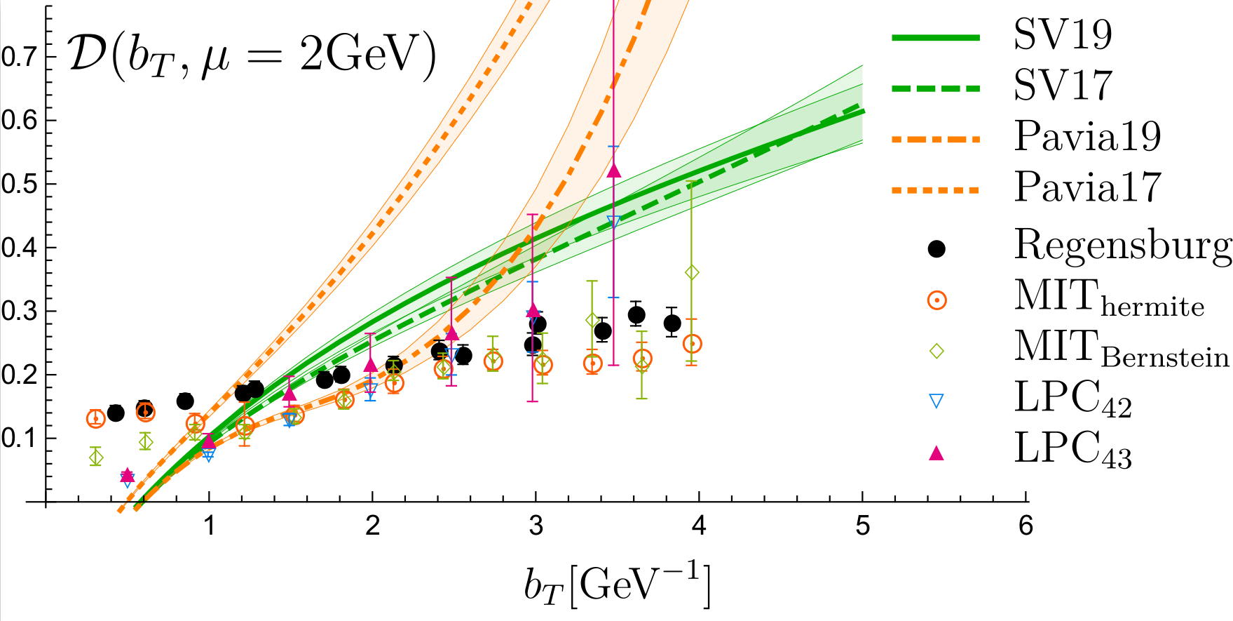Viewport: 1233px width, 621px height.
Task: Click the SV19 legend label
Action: pos(1063,34)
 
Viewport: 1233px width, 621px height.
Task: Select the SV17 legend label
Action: pos(1063,85)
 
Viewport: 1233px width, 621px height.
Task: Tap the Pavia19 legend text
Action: pos(1087,136)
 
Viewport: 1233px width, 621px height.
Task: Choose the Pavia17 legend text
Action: pos(1087,187)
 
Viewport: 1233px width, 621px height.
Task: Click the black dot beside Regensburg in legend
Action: pos(936,248)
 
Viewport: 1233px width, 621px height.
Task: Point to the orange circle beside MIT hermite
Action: pos(936,300)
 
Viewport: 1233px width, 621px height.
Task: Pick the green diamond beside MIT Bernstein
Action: pos(936,351)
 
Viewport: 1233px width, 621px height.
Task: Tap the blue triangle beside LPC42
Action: pos(936,401)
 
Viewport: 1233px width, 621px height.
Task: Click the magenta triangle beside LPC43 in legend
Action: pos(936,453)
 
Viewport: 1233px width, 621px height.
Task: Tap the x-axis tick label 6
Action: pos(1026,525)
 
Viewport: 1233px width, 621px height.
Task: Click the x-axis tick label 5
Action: pos(863,525)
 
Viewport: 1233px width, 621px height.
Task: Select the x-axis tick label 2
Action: pos(372,525)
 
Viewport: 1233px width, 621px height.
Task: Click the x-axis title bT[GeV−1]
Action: pos(617,584)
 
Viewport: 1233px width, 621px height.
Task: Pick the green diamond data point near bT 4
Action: pos(692,272)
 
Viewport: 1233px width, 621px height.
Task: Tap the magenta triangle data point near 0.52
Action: pos(614,171)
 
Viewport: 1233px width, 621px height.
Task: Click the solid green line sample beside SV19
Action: pos(935,37)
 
